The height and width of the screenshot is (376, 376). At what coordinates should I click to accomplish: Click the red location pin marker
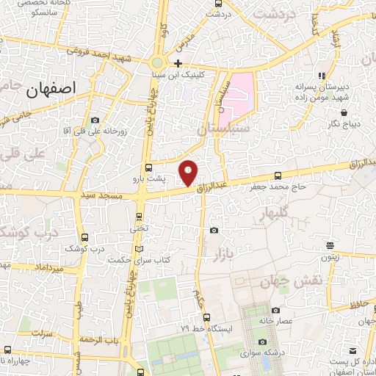[189, 173]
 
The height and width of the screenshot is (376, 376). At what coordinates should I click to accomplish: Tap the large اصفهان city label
[51, 90]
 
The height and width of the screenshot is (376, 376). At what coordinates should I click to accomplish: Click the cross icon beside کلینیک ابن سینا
[178, 62]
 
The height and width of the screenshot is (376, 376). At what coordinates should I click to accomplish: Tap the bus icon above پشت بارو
[149, 167]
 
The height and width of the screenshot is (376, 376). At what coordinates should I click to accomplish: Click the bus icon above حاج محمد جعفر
[277, 176]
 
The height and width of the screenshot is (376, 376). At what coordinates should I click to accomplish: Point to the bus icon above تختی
[140, 216]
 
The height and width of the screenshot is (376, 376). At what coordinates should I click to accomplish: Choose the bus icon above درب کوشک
[84, 237]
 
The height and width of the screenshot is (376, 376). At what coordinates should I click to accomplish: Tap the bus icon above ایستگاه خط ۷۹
[207, 317]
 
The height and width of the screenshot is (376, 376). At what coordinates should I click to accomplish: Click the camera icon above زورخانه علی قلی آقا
[95, 120]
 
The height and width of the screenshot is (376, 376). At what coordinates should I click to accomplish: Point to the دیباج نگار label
[344, 124]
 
